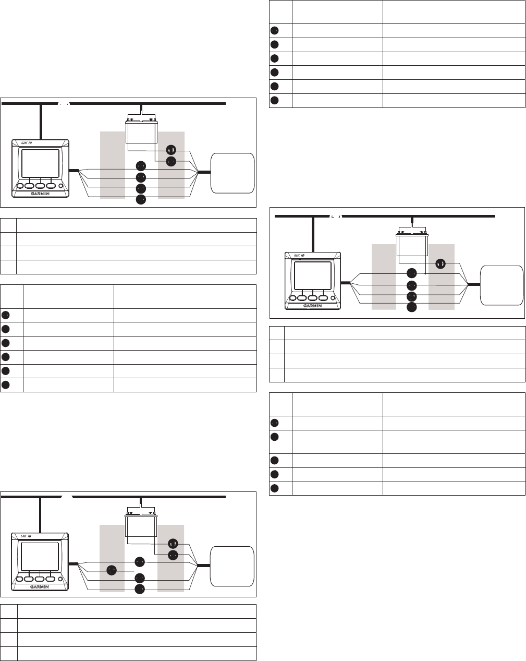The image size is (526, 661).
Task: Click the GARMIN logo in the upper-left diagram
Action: point(40,194)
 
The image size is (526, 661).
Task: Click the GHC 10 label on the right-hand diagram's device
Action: point(299,256)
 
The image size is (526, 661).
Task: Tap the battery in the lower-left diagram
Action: point(141,525)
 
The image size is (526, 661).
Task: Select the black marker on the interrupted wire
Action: point(112,570)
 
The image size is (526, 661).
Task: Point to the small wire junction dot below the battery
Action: point(425,273)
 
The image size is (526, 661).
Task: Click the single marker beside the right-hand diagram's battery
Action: point(441,263)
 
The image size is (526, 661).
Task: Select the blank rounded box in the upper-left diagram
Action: point(233,173)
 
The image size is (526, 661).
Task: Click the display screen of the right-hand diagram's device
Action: point(313,275)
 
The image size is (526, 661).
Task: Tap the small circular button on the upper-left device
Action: point(60,186)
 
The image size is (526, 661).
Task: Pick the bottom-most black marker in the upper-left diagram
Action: point(141,200)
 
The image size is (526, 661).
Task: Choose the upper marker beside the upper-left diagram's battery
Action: point(171,150)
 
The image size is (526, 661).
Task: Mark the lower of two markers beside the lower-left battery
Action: point(173,555)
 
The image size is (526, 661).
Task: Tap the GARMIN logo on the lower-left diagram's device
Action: point(40,587)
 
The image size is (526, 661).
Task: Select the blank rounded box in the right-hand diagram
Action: point(501,285)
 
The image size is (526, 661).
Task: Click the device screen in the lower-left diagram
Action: point(40,557)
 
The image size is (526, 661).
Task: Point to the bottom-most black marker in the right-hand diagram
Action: point(411,307)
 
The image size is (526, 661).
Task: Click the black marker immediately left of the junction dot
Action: point(411,273)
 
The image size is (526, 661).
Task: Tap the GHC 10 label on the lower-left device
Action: point(26,536)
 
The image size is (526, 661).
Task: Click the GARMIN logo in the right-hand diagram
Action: point(313,306)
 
